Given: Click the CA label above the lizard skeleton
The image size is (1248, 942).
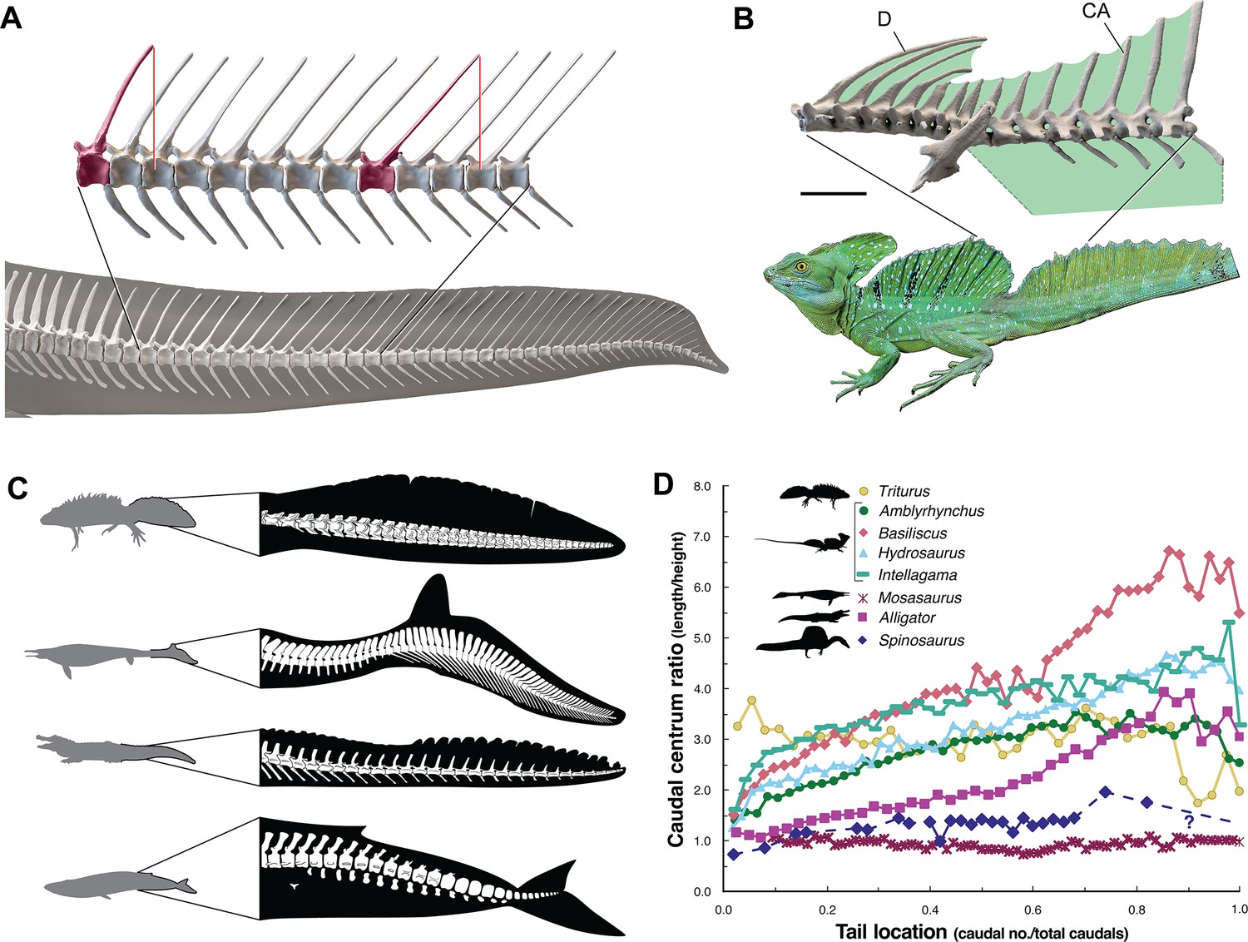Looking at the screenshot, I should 1095,12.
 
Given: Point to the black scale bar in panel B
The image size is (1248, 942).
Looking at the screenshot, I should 833,193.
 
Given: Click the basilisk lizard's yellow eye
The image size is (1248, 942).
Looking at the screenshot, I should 802,265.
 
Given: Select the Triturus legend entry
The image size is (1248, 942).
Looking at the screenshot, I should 904,492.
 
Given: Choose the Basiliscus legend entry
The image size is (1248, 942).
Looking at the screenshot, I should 912,533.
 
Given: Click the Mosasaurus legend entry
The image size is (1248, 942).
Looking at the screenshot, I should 919,597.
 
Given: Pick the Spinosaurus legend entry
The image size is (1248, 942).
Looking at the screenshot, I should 921,640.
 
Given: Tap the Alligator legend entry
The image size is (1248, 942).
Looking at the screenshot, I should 906,617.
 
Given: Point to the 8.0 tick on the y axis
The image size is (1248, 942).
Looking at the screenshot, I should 703,486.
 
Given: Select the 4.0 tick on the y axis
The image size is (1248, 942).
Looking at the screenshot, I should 703,689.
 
